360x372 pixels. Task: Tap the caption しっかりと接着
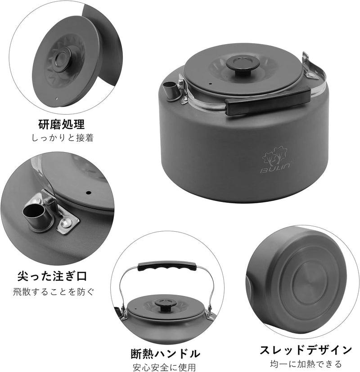tap(62, 139)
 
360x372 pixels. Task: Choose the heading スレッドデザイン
tap(306, 349)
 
